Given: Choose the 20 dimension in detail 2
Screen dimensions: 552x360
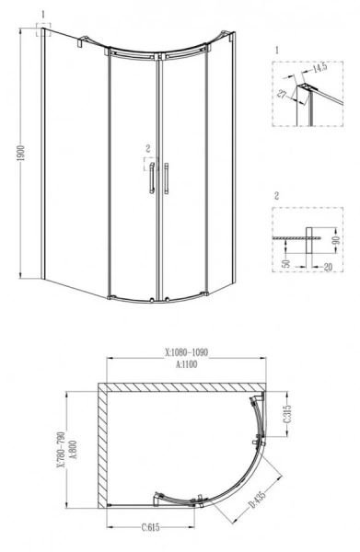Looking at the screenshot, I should [x=327, y=267].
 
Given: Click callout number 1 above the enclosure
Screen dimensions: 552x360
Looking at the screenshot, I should [x=41, y=15].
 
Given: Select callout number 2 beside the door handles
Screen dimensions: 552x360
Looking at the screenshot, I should [x=146, y=148].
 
